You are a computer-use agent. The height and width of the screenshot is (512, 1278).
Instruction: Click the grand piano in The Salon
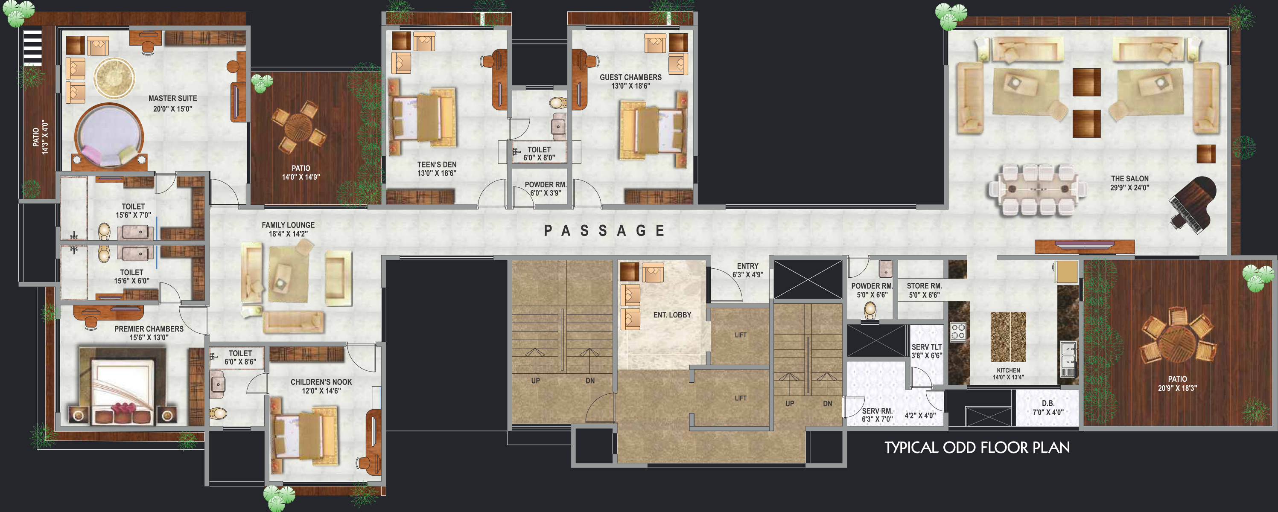pyautogui.click(x=1193, y=204)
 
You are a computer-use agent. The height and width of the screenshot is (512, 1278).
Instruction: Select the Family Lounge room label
pyautogui.click(x=288, y=229)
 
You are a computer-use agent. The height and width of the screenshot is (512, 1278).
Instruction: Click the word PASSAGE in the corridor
pyautogui.click(x=604, y=231)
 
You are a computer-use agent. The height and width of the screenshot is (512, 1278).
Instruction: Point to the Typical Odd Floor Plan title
pyautogui.click(x=977, y=448)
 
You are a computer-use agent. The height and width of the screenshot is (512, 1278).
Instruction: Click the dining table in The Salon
pyautogui.click(x=1037, y=189)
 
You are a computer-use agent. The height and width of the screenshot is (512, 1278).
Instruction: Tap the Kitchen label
pyautogui.click(x=1008, y=374)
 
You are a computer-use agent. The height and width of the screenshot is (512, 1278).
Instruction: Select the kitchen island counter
pyautogui.click(x=1008, y=336)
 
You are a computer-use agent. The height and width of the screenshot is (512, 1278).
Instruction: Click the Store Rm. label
pyautogui.click(x=924, y=290)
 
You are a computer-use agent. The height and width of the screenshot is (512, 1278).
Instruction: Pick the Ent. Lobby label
pyautogui.click(x=672, y=314)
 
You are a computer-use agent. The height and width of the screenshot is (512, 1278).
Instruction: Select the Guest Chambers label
pyautogui.click(x=630, y=81)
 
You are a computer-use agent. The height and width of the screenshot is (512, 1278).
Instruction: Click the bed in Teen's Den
pyautogui.click(x=424, y=118)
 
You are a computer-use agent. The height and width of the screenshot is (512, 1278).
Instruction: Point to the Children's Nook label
pyautogui.click(x=321, y=386)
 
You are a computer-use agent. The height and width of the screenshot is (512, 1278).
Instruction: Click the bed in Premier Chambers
pyautogui.click(x=123, y=386)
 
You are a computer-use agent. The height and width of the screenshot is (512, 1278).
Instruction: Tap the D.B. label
pyautogui.click(x=1048, y=407)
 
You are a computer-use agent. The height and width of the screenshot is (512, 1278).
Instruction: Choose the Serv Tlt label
pyautogui.click(x=927, y=351)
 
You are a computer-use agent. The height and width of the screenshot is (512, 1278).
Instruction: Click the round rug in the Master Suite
pyautogui.click(x=114, y=78)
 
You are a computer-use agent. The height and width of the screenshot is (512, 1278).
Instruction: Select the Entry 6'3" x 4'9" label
pyautogui.click(x=748, y=270)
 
